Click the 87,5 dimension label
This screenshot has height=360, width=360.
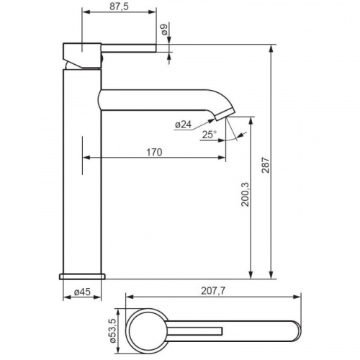tap(119, 6)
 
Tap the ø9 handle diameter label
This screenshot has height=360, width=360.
tap(165, 30)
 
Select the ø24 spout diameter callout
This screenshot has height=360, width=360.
tap(184, 125)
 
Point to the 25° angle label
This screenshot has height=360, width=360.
tap(209, 135)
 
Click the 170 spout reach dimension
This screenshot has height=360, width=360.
tap(154, 152)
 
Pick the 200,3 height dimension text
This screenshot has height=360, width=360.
tap(246, 194)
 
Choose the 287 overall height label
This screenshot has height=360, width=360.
tap(266, 165)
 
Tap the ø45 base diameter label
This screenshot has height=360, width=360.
tap(82, 292)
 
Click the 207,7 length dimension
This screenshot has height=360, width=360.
tap(213, 291)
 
